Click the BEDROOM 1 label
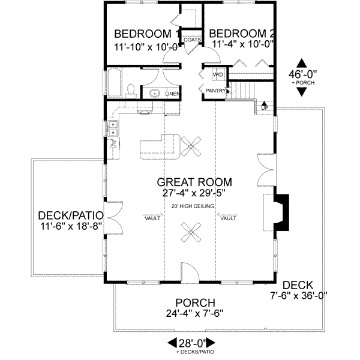(x=143, y=33)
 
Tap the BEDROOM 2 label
(x=242, y=33)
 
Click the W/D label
(x=218, y=75)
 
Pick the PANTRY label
(x=215, y=91)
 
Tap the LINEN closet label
(x=172, y=94)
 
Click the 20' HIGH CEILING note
(x=193, y=206)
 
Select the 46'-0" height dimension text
(x=302, y=74)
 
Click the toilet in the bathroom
(x=131, y=91)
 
